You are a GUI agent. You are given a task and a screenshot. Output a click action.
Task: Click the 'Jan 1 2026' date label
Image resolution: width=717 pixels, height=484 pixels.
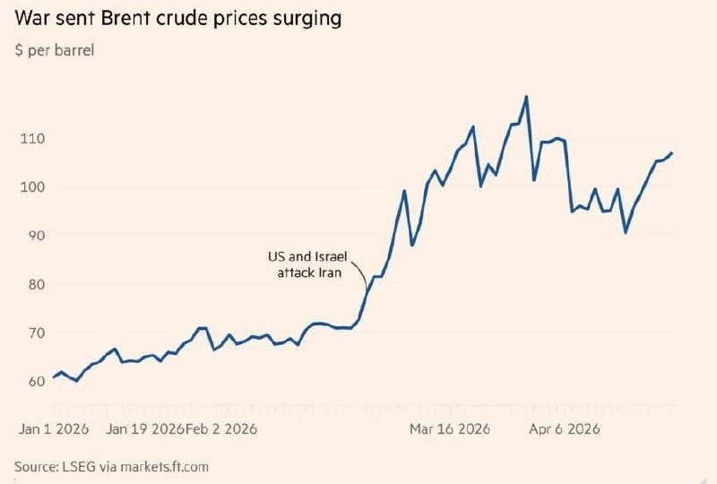point(54,428)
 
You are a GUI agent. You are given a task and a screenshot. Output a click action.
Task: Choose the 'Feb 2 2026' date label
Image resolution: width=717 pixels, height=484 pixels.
point(221,428)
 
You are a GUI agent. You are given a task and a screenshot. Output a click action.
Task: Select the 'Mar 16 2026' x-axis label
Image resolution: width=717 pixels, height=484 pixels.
point(450,428)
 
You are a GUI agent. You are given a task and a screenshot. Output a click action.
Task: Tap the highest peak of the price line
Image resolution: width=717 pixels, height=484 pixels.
point(526,96)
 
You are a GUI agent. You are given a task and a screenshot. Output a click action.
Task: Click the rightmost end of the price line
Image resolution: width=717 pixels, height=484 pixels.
point(672,152)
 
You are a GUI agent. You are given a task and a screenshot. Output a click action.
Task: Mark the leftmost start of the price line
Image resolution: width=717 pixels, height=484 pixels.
point(54,376)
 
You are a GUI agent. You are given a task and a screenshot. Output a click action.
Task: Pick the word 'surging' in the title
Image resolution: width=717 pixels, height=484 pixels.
point(304,19)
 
